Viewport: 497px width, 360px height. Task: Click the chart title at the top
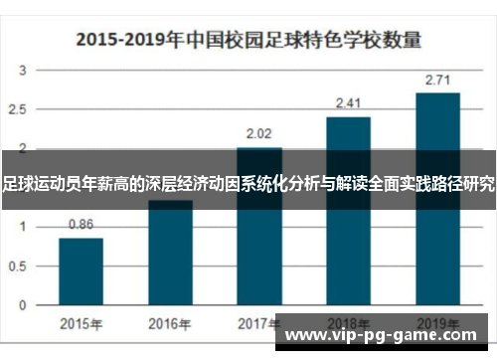point(248,41)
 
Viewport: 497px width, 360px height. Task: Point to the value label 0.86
point(81,225)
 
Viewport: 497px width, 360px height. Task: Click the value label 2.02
point(259,132)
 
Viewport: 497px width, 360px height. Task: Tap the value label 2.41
point(348,102)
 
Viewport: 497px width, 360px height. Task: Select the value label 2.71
point(437,79)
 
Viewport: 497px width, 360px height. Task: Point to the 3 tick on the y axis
point(23,72)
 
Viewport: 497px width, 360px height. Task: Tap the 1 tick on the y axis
point(23,227)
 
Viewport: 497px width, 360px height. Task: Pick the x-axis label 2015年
point(81,323)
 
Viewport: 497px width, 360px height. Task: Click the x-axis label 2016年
point(170,323)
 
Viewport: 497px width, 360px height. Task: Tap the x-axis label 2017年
point(259,323)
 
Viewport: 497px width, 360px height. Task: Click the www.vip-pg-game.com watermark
point(388,335)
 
